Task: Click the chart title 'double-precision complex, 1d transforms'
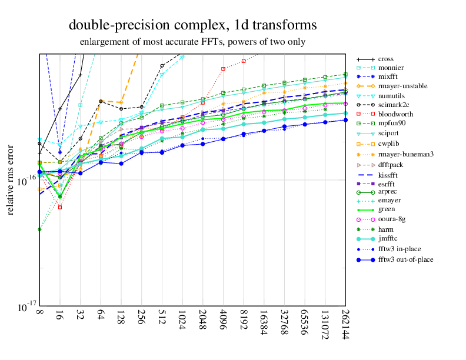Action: pos(192,25)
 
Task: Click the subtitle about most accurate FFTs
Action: pos(192,42)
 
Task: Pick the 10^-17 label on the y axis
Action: pos(24,306)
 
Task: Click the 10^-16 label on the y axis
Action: pos(24,180)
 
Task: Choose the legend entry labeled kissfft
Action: pos(391,175)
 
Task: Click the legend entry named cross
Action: pos(385,59)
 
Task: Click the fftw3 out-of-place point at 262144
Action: pos(345,120)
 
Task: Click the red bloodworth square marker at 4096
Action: pos(223,69)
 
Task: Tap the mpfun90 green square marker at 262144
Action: pos(345,75)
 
